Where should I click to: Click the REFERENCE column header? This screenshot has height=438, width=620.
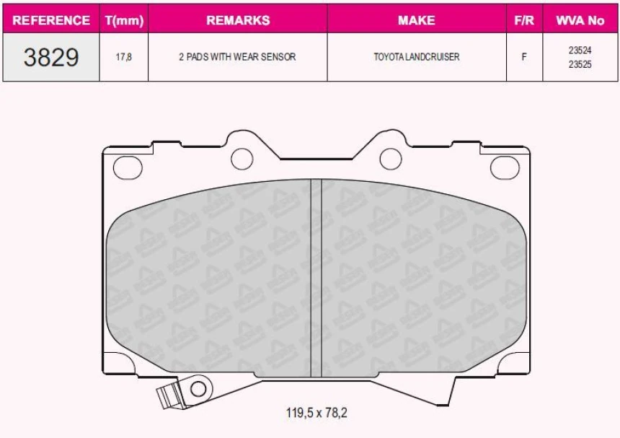point(51,20)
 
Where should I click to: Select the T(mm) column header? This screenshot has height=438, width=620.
point(124,20)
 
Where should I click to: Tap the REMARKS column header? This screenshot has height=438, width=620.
point(238,20)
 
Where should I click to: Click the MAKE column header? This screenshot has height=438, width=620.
point(416,20)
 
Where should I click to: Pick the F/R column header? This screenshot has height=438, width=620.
point(524,20)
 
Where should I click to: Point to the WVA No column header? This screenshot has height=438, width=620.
point(580,20)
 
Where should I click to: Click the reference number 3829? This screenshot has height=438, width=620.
point(51,57)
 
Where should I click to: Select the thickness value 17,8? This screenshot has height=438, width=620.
point(124,57)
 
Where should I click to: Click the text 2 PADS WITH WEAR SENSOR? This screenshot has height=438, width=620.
point(237,57)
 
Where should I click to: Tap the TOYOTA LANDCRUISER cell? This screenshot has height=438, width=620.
point(416,57)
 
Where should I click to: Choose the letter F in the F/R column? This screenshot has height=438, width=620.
point(524,57)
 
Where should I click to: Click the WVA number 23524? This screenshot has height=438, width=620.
point(580,51)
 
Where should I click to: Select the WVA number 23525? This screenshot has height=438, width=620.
point(580,63)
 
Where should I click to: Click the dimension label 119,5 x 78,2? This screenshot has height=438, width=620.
point(317,413)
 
